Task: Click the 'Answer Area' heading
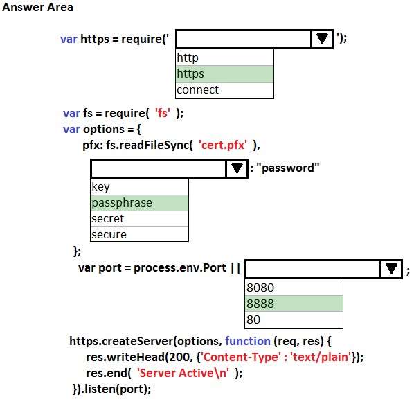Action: coord(37,7)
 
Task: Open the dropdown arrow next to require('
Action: coord(322,39)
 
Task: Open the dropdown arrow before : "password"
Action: coord(237,168)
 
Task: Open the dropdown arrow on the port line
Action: coord(391,269)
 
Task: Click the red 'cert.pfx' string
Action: coord(223,145)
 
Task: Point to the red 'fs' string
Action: coord(163,113)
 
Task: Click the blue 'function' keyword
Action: coord(248,341)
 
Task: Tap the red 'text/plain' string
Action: coord(321,358)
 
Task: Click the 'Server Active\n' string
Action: coord(183,373)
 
